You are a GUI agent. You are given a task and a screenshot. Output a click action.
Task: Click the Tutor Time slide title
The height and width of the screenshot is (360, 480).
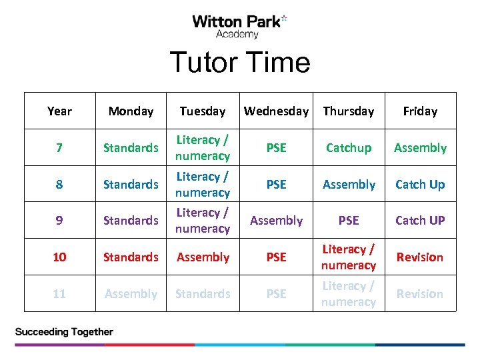[240, 63]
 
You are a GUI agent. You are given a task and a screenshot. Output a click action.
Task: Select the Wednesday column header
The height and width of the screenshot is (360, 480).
[276, 111]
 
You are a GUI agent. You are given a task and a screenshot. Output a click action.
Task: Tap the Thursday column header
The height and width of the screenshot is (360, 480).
[349, 111]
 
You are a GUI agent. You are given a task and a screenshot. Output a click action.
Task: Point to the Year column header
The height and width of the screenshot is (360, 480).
[59, 111]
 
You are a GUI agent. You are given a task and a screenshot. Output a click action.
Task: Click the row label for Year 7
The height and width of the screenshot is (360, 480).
[59, 148]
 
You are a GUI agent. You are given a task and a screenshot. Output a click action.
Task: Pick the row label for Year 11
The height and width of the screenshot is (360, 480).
[59, 294]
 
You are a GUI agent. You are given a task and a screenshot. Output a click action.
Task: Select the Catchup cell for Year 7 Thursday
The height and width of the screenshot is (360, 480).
[349, 148]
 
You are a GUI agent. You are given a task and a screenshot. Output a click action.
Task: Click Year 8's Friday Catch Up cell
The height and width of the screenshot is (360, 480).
[420, 184]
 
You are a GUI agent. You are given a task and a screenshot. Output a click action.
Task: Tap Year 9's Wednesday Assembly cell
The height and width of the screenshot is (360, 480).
[276, 221]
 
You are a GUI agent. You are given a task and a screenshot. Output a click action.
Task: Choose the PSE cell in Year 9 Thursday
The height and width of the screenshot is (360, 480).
[349, 221]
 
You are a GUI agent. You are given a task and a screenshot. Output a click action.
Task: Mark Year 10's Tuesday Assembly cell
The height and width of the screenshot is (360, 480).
[203, 257]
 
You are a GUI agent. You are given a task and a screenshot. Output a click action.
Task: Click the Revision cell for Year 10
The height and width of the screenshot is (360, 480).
[420, 257]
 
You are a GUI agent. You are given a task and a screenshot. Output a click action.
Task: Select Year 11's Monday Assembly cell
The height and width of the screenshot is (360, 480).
[131, 294]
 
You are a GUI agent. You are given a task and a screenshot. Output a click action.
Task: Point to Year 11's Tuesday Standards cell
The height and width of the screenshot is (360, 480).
[203, 294]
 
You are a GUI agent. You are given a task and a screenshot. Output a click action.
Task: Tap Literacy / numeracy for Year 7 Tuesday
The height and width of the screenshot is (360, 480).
[203, 148]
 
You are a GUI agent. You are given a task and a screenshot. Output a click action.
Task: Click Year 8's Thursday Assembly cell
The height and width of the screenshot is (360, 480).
[349, 184]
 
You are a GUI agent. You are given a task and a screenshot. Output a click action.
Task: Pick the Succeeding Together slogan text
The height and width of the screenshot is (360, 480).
[64, 331]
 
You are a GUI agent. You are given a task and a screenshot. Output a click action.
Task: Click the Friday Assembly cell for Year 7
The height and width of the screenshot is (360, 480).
[420, 148]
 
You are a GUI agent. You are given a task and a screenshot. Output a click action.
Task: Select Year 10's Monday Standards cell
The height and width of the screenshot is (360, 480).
[131, 257]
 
